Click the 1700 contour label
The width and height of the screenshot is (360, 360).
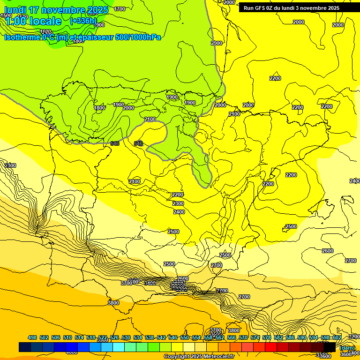pos(120,9)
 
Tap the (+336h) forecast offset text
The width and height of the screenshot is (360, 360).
pos(83,21)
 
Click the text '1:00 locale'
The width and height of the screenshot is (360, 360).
pos(33,21)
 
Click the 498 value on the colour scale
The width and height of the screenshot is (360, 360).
pos(32,337)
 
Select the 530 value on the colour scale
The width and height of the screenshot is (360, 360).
pos(126,337)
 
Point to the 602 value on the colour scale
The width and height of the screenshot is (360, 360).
pos(337,337)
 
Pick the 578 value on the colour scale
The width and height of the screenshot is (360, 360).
pos(267,337)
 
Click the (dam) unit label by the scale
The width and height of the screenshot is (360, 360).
pos(347,347)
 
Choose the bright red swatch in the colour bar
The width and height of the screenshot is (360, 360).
pos(271,347)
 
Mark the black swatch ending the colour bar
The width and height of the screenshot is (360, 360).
pos(330,347)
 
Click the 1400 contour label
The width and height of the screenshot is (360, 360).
pos(150,284)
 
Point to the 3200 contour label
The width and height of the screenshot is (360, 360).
pos(354,337)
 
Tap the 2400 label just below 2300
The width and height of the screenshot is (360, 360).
pos(179,212)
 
